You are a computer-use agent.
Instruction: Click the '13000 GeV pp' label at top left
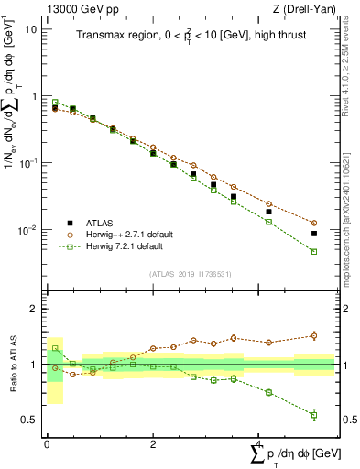pos(76,10)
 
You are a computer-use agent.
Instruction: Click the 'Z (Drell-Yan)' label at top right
pos(303,10)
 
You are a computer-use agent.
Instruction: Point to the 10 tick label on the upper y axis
pos(30,28)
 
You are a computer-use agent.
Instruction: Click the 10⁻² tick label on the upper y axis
pos(27,230)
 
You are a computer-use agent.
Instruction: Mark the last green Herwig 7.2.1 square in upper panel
pos(314,251)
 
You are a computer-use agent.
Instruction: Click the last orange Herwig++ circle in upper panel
pos(314,223)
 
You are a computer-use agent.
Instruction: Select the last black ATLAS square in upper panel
pos(314,234)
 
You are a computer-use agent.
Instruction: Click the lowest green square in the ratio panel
pos(314,415)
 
